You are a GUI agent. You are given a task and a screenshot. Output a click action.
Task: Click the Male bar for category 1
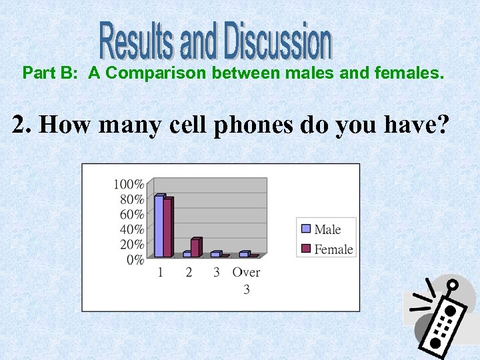tap(159, 226)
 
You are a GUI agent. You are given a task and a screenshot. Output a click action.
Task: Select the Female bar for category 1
tap(168, 228)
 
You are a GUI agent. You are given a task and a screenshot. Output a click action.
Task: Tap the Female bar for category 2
tap(195, 247)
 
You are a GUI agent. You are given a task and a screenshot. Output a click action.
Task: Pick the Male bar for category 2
tap(187, 254)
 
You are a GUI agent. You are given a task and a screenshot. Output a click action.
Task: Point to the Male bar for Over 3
tap(243, 254)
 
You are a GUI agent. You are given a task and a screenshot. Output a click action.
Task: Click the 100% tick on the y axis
tap(129, 184)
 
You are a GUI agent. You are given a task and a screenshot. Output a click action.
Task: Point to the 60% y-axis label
tap(131, 214)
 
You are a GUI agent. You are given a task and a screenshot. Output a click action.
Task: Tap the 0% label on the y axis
tap(135, 260)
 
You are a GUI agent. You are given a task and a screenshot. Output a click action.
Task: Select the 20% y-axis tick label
tap(131, 245)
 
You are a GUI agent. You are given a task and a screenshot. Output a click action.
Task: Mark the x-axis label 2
tap(189, 272)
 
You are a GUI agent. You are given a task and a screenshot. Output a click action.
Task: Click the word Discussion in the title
tap(277, 41)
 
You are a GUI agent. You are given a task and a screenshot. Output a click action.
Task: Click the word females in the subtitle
tap(411, 73)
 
